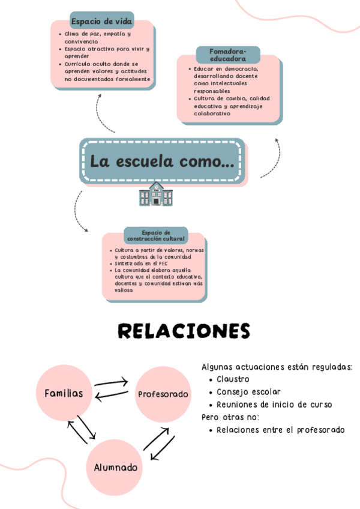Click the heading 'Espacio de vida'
click(x=102, y=22)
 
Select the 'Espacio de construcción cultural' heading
click(x=156, y=235)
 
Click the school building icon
click(x=155, y=194)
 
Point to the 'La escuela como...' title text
click(x=162, y=161)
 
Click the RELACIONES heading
click(x=184, y=331)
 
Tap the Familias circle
click(x=64, y=394)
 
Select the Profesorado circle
click(x=163, y=394)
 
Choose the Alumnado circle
click(x=115, y=467)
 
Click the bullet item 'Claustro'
click(x=233, y=379)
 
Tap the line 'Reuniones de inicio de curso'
click(x=274, y=405)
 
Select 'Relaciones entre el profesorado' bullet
click(x=280, y=430)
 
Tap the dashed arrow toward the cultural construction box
click(x=78, y=213)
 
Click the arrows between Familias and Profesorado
click(x=112, y=389)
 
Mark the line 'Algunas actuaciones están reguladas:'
click(x=277, y=367)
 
